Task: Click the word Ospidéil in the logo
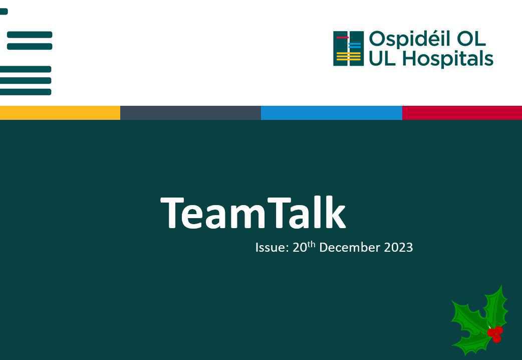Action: (x=406, y=40)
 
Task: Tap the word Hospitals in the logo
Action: (x=448, y=59)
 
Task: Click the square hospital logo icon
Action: (x=348, y=49)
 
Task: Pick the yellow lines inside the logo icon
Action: (x=349, y=58)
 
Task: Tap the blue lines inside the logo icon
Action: (x=355, y=46)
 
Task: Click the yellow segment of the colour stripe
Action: (x=60, y=113)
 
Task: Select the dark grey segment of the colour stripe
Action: (x=190, y=113)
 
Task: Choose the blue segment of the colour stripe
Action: (x=331, y=113)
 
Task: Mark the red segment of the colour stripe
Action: (x=462, y=113)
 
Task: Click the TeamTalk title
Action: (x=253, y=213)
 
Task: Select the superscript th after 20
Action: (x=311, y=244)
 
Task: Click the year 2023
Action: (x=398, y=248)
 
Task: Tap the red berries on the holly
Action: (x=495, y=333)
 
